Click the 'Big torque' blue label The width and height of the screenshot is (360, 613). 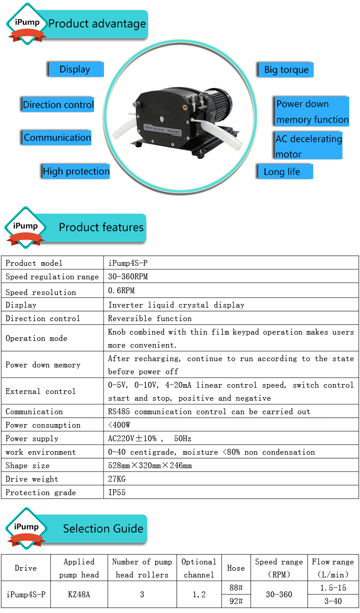pos(286,70)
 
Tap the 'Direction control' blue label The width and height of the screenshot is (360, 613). pos(58,105)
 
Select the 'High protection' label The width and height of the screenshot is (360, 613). pos(76,171)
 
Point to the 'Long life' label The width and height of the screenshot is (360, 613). pos(282,172)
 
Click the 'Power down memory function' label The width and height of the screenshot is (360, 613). pos(312,112)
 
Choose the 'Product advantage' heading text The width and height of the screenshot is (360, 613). pos(97,24)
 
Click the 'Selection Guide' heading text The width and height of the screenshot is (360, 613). pos(103,529)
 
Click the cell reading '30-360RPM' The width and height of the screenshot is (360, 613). pos(128,277)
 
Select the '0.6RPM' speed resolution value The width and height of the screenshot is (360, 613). pos(121,291)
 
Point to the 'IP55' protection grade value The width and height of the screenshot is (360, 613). pos(117,492)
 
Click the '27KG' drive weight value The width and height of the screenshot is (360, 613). pos(117,479)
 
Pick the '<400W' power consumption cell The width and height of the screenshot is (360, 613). pos(119,425)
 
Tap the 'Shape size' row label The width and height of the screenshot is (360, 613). pos(27,465)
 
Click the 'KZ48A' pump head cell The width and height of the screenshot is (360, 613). pos(79,595)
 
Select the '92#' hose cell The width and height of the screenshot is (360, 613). pos(236,601)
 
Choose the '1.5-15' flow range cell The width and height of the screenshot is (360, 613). pos(333,588)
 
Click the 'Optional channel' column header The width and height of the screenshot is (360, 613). pos(199,568)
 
